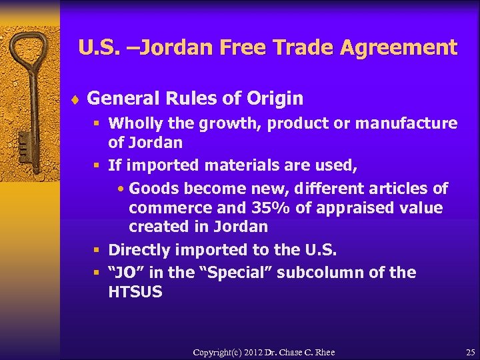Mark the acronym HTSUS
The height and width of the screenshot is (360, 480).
point(135,292)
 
